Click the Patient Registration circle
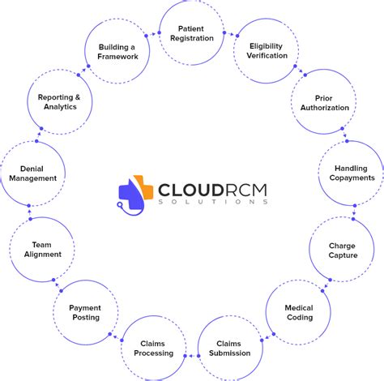pyautogui.click(x=191, y=34)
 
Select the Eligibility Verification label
pyautogui.click(x=268, y=51)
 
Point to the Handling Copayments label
pyautogui.click(x=352, y=173)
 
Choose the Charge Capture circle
pyautogui.click(x=342, y=250)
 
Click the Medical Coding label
pyautogui.click(x=298, y=313)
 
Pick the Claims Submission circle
pyautogui.click(x=229, y=349)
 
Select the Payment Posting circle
pyautogui.click(x=85, y=313)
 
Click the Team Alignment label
pyautogui.click(x=41, y=250)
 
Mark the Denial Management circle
pyautogui.click(x=32, y=173)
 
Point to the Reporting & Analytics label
pyautogui.click(x=59, y=103)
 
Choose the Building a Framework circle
pyautogui.click(x=117, y=51)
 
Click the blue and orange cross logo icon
pyautogui.click(x=135, y=195)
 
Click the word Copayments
pyautogui.click(x=352, y=178)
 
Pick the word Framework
pyautogui.click(x=117, y=57)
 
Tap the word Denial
pyautogui.click(x=32, y=168)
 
